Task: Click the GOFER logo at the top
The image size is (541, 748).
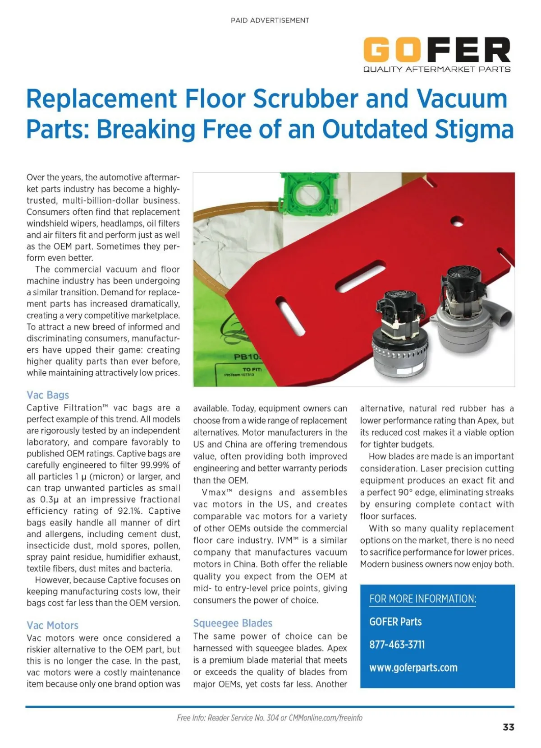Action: coord(436,50)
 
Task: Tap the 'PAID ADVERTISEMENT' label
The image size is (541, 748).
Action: coord(270,20)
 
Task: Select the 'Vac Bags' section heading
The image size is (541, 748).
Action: coord(48,395)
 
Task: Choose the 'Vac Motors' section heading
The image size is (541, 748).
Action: coord(52,625)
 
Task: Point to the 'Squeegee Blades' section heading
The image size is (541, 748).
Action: coord(233,623)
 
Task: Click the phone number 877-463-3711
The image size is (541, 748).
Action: coord(397,645)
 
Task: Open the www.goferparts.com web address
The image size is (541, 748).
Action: coord(413,668)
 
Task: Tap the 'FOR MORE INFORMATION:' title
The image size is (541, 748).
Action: coord(422,599)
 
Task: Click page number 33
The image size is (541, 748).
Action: coord(509,727)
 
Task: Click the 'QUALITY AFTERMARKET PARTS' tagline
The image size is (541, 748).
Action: coord(436,70)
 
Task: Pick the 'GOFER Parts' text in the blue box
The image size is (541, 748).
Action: coord(395,622)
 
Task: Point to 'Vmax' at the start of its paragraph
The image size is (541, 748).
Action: coord(215,492)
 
